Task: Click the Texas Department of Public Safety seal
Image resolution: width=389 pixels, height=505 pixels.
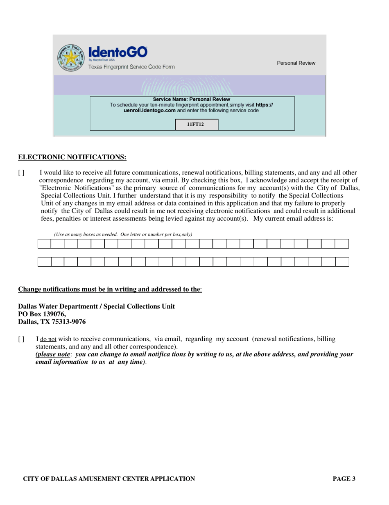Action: pos(70,58)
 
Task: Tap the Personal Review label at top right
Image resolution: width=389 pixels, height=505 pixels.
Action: pos(296,63)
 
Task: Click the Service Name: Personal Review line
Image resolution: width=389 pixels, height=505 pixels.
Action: pos(192,100)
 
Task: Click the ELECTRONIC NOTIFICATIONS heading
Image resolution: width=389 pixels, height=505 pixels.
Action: pos(72,157)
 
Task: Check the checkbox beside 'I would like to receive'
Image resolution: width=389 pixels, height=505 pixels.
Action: pos(21,173)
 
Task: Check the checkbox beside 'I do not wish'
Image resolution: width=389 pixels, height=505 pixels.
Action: pos(21,339)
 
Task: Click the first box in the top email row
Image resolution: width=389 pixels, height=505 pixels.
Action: pos(44,244)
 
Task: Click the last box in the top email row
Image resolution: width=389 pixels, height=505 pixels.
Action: pos(342,244)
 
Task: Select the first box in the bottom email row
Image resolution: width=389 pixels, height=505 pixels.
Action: pos(44,262)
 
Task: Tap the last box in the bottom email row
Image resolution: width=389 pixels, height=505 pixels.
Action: pos(342,262)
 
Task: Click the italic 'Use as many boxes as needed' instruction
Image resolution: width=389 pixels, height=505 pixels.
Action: pos(123,234)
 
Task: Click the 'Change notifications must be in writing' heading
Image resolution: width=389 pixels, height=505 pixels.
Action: pos(109,289)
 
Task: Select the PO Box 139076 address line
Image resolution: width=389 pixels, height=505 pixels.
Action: pos(42,314)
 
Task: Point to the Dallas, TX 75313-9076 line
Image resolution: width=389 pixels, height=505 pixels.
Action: pos(52,322)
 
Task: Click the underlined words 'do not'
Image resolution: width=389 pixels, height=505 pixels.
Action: pos(48,340)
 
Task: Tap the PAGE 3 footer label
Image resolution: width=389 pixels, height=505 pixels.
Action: pos(344,479)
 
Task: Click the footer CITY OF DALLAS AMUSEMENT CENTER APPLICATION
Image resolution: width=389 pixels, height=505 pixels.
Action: pos(109,479)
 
